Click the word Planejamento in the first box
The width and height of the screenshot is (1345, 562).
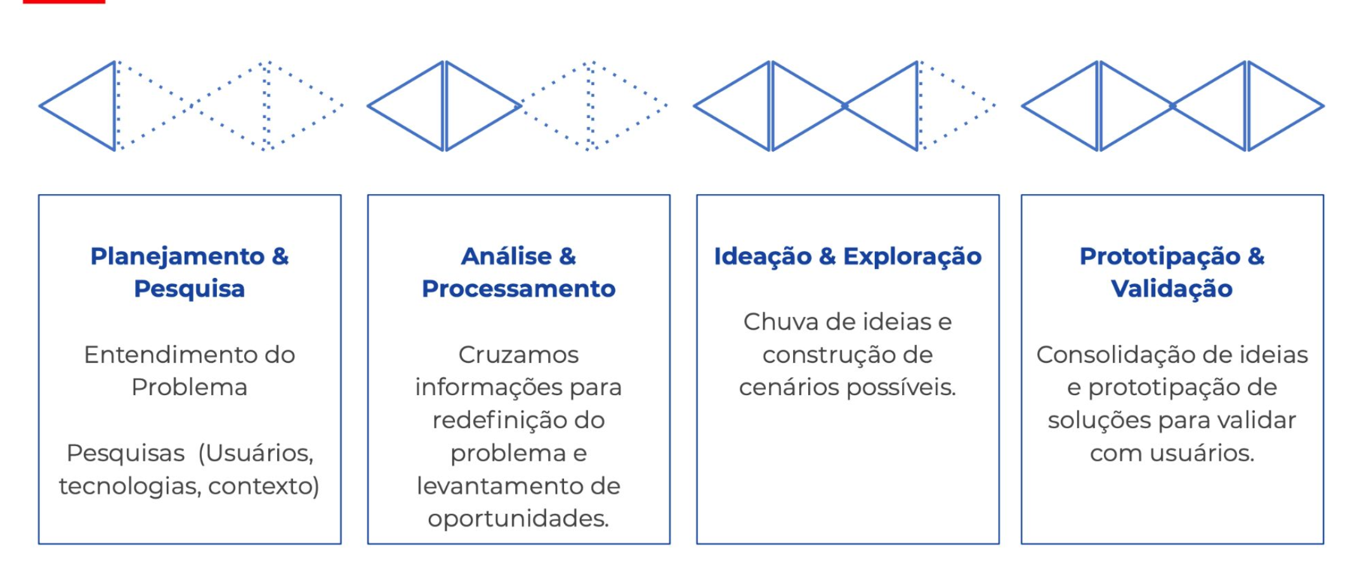[177, 257]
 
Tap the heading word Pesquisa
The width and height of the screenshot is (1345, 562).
[189, 289]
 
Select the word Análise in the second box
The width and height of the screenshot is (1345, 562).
[506, 257]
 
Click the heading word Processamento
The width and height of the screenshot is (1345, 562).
[518, 289]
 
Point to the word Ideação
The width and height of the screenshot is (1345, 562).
[763, 257]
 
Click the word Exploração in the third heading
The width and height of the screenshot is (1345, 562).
[912, 257]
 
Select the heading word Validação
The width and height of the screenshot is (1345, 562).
[1172, 289]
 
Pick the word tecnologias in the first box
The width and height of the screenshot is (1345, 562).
[130, 487]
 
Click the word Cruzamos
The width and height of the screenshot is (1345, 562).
[518, 355]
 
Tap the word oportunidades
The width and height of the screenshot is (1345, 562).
[518, 520]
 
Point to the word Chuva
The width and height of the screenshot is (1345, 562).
[780, 322]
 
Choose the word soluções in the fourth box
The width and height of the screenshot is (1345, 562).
[1092, 421]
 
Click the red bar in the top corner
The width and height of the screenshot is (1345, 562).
[63, 2]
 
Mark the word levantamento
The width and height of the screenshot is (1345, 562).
[493, 487]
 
